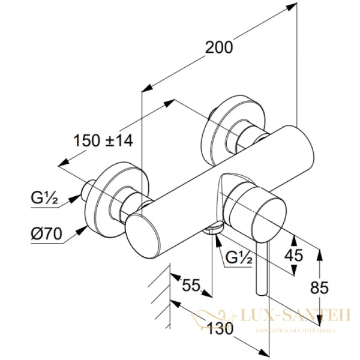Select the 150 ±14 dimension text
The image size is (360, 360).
[x=103, y=141]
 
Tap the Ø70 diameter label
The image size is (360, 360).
[x=46, y=233]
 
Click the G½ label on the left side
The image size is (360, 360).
[x=44, y=196]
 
